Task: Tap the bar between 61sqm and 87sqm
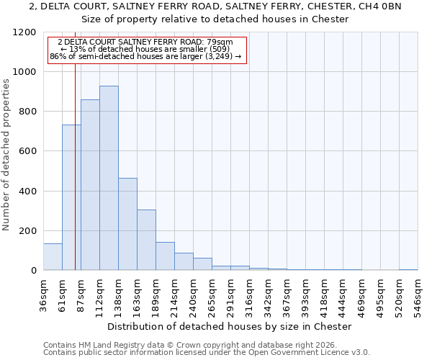coord(71,197)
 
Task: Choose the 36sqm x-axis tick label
coord(43,295)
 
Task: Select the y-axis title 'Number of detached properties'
coord(6,155)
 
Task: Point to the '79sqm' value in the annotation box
coord(220,42)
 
